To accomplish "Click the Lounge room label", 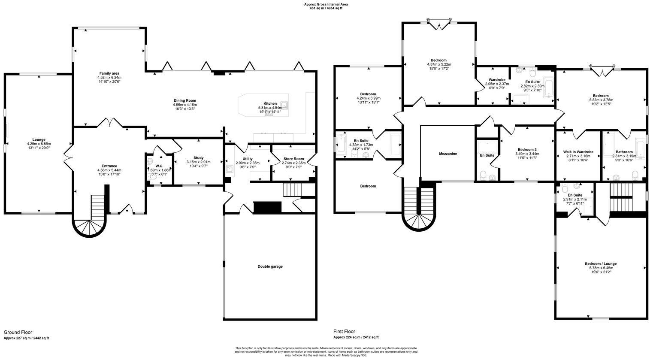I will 39,139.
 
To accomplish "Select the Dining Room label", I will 184,100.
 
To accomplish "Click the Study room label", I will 198,157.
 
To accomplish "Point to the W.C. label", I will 159,166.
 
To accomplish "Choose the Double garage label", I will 270,266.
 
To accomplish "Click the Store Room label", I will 294,159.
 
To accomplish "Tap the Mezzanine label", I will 447,154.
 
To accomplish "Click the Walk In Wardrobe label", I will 578,152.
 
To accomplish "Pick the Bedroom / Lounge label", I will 601,263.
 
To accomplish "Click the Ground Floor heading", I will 18,332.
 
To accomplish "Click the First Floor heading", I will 345,332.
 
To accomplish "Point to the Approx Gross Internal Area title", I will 326,4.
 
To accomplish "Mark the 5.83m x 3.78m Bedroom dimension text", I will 601,100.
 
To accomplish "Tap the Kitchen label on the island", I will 270,103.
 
